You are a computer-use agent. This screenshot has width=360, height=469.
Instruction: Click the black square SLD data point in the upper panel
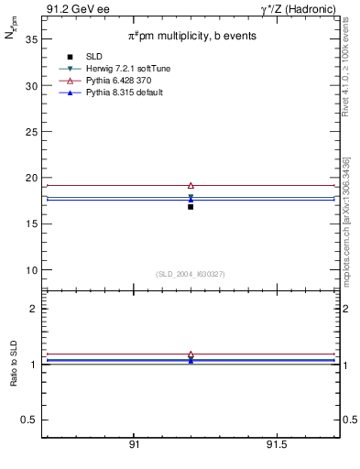(x=191, y=206)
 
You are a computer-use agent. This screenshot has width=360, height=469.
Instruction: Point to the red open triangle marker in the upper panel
(x=191, y=185)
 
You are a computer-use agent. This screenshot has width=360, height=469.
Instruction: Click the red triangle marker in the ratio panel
(x=191, y=354)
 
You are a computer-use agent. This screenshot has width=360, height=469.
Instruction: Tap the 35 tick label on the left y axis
(x=31, y=40)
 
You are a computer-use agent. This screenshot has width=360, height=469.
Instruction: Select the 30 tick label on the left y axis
(x=31, y=86)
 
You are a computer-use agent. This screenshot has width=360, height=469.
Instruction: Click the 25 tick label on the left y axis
(x=31, y=132)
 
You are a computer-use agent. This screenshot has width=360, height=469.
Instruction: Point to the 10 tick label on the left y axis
(x=31, y=270)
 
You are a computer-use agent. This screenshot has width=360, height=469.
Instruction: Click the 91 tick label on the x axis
(x=134, y=445)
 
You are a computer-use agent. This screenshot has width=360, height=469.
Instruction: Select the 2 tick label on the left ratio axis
(x=34, y=309)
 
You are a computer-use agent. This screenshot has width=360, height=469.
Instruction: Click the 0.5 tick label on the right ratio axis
(x=348, y=420)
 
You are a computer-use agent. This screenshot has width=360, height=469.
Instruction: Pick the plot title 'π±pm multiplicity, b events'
(x=191, y=36)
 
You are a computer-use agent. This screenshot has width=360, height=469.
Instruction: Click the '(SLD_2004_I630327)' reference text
(x=191, y=274)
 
